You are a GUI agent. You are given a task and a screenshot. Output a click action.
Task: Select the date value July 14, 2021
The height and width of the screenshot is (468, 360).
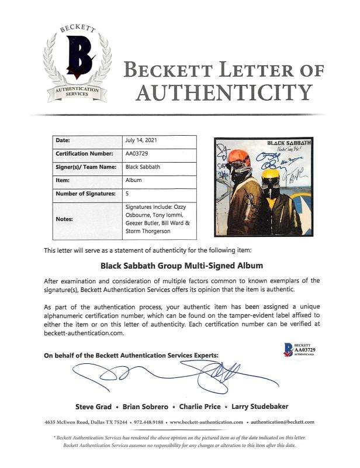141,141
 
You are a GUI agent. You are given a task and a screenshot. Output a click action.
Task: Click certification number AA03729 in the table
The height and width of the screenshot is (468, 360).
137,154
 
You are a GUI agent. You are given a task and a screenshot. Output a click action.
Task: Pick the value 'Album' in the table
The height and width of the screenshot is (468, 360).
133,181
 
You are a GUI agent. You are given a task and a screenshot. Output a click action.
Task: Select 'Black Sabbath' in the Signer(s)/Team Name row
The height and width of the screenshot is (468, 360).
142,167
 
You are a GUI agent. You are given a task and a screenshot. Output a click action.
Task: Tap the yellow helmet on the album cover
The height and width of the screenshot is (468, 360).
271,175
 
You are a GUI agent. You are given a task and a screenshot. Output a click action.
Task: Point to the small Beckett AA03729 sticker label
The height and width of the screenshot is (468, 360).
299,349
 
